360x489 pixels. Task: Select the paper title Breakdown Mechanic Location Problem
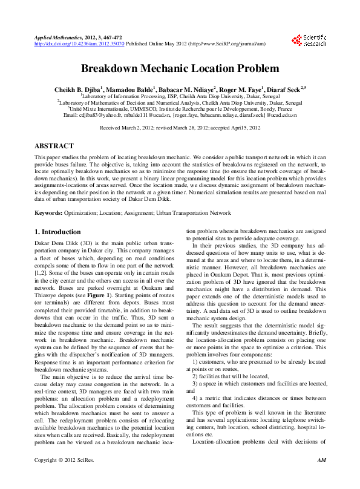[x=180, y=68]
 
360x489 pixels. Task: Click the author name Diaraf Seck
[x=286, y=88]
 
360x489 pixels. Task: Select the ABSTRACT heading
[x=54, y=146]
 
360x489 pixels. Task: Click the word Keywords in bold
[x=49, y=213]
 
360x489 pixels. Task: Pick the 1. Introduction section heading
[x=57, y=232]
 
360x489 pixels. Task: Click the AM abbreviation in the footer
[x=322, y=478]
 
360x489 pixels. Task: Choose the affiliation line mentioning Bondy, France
[x=180, y=108]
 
